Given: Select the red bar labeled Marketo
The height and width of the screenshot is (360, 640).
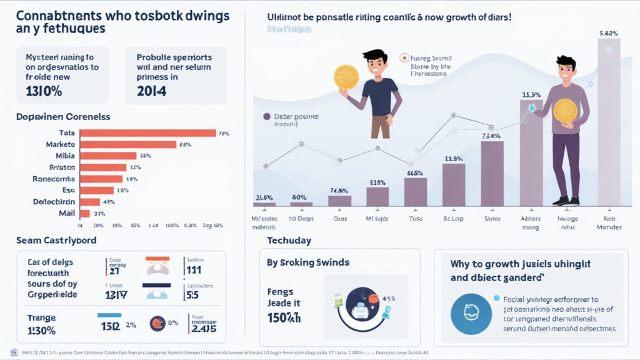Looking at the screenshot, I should pyautogui.click(x=127, y=144).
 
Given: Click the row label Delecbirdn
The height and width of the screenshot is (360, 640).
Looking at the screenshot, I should pyautogui.click(x=53, y=202).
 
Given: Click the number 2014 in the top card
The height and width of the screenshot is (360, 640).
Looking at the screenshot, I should pyautogui.click(x=151, y=91).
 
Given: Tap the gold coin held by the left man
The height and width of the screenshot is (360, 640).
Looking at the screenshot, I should pyautogui.click(x=346, y=77).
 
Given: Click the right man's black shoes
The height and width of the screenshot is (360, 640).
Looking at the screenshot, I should pyautogui.click(x=566, y=201).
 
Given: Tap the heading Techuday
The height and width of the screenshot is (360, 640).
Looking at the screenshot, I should pyautogui.click(x=289, y=241).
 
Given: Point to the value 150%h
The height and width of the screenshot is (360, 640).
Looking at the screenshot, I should pyautogui.click(x=284, y=318).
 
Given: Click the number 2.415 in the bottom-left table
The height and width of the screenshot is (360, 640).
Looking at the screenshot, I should pyautogui.click(x=204, y=328).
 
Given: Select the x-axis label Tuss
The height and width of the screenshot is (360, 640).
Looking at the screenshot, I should pyautogui.click(x=415, y=219).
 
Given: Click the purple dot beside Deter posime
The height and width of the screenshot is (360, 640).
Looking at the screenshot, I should pyautogui.click(x=267, y=116).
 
